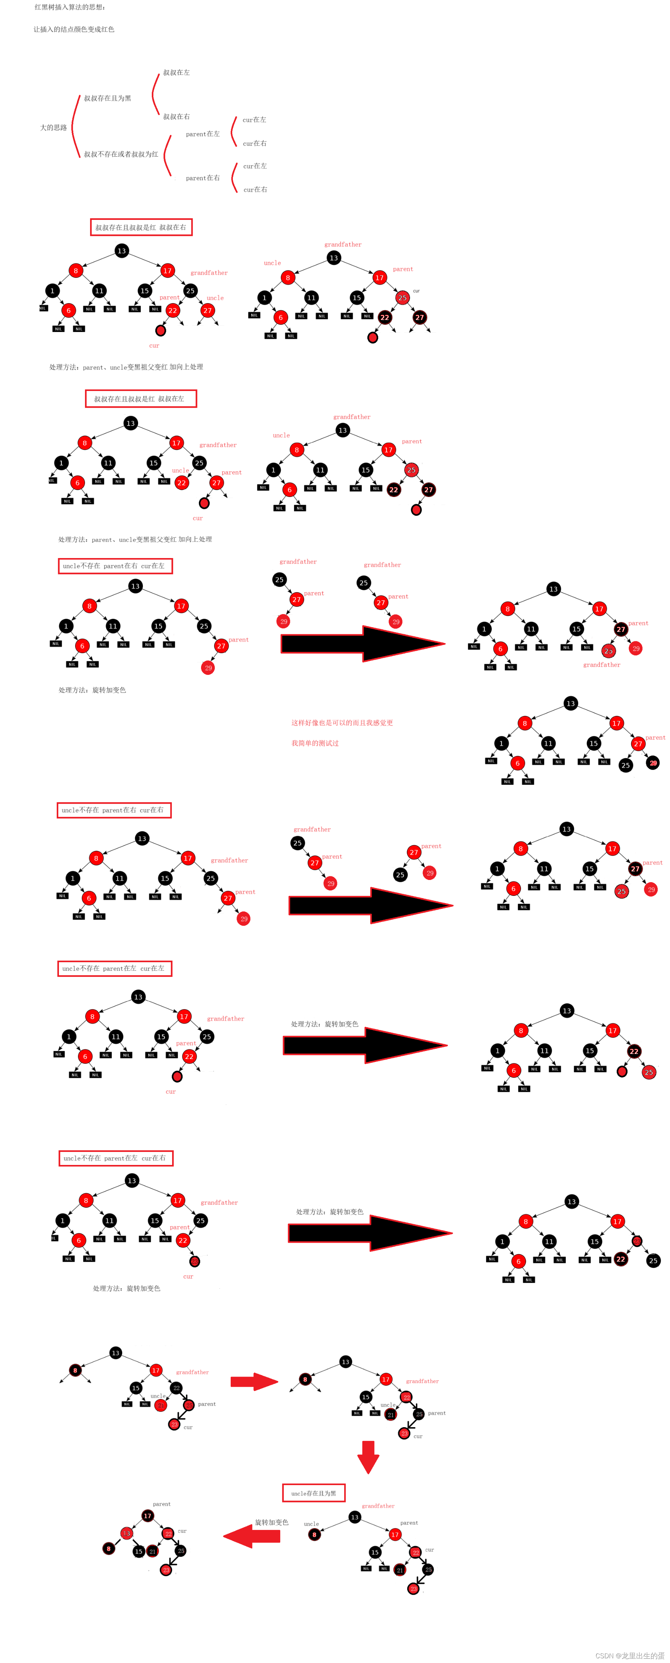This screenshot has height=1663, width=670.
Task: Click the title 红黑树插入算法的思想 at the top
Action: coord(70,7)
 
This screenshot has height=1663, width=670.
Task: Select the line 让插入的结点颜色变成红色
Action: coord(74,29)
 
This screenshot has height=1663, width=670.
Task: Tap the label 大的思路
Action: coord(54,127)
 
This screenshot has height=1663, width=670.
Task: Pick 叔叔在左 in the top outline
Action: coord(176,72)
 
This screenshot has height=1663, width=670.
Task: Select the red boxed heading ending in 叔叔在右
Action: coord(141,227)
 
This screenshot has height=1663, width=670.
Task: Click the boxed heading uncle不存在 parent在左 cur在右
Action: coord(116,1158)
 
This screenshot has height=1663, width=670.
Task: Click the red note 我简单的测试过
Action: coord(315,743)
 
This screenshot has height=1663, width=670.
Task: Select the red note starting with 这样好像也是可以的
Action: coord(342,722)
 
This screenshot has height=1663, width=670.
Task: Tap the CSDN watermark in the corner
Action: coord(630,1655)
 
